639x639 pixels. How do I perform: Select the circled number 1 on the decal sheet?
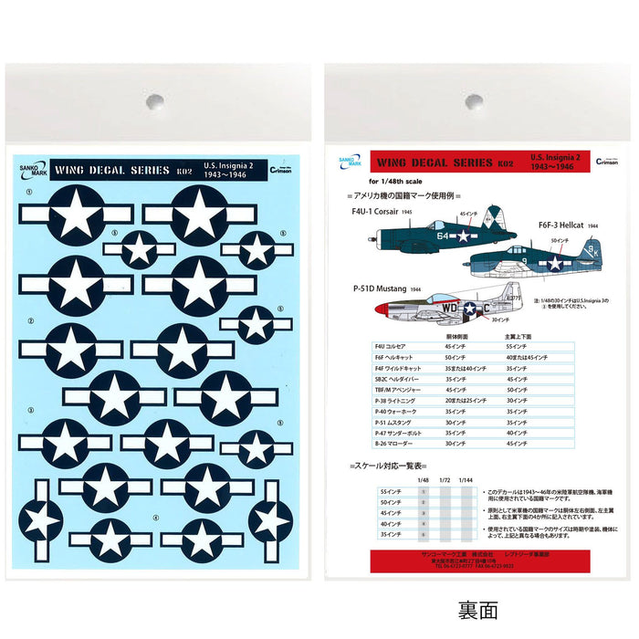tap(30, 193)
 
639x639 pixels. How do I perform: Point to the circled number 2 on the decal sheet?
tap(30, 321)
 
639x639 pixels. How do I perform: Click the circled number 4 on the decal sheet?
tap(156, 518)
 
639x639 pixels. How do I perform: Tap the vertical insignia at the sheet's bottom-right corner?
tap(271, 520)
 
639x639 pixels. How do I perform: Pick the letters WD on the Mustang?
tap(450, 309)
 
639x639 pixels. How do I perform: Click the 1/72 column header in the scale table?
tap(445, 479)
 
